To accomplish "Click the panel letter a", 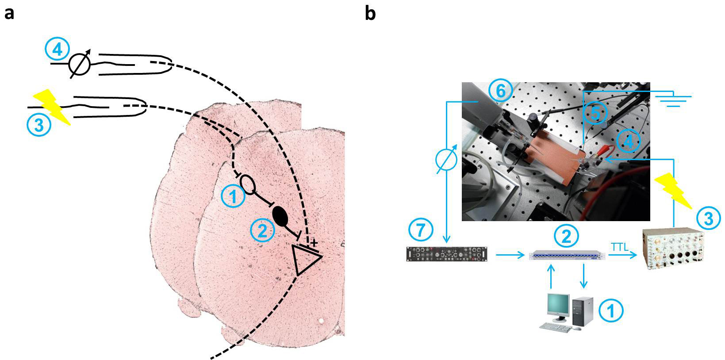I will point(9,14).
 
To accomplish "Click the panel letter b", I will point(370,14).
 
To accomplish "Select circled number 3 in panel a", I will point(39,125).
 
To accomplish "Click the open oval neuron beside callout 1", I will point(248,185).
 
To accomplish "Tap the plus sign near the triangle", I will point(314,243).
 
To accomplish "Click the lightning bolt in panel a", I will point(52,106).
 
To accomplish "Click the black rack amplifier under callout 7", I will point(447,254).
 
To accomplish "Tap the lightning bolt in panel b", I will point(674,190).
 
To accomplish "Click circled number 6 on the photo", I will point(500,91).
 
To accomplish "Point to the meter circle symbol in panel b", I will point(446,161).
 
